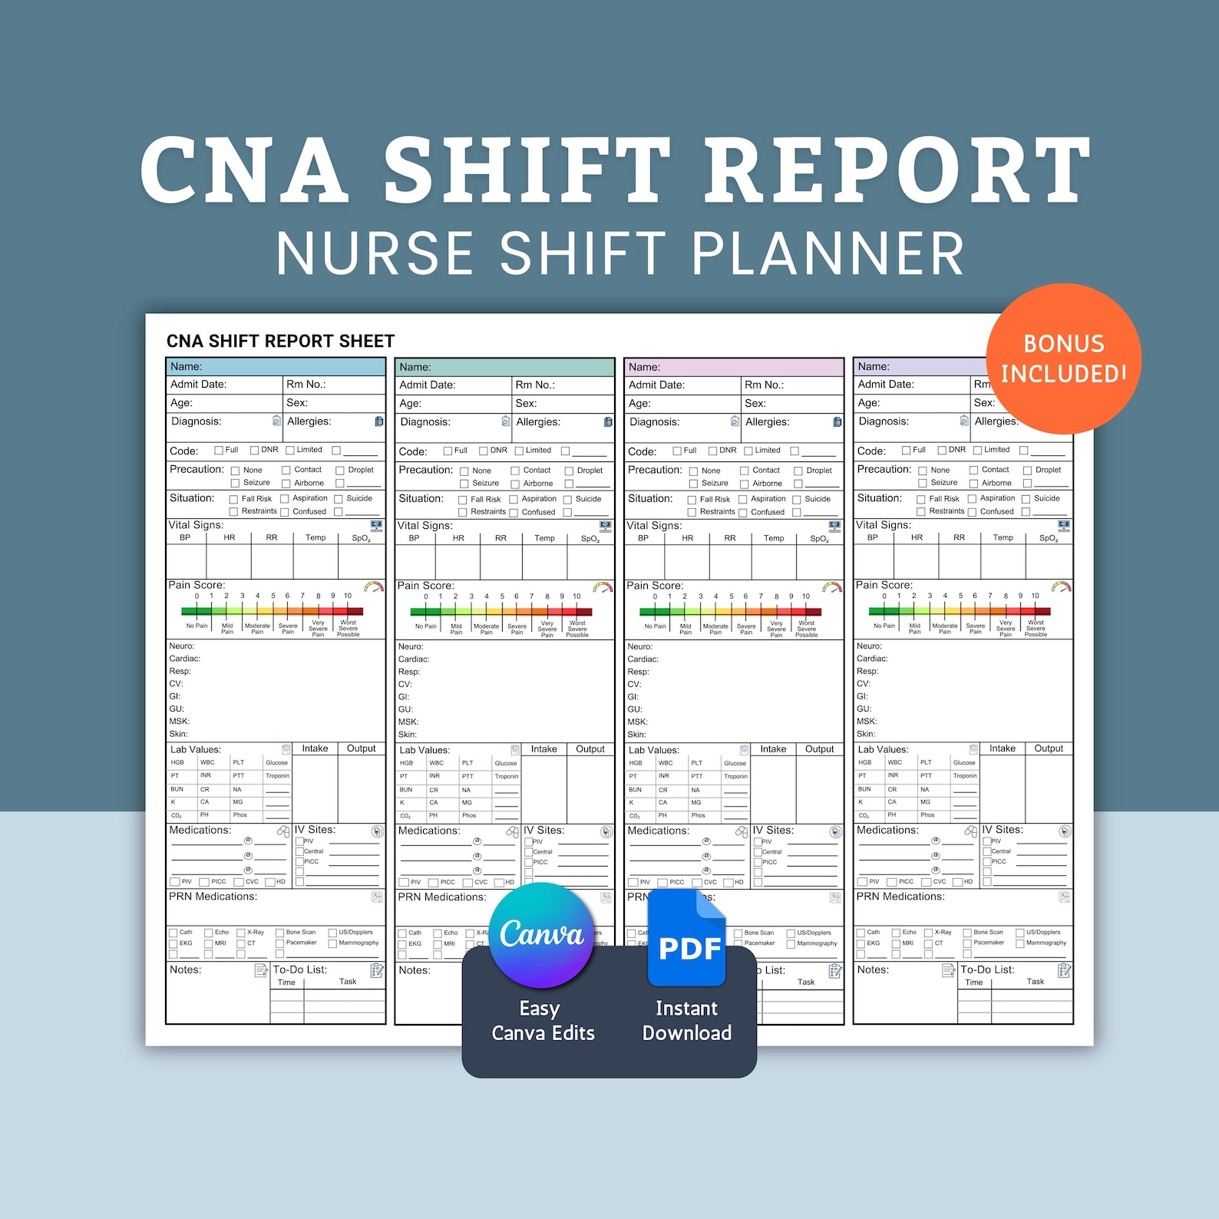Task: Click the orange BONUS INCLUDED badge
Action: pos(1063,358)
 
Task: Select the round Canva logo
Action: pos(542,934)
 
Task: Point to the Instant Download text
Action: pos(686,1021)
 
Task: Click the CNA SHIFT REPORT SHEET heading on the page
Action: pos(280,342)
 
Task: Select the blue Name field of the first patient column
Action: pos(276,367)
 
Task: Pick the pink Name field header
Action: pos(734,368)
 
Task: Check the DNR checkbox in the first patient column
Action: pos(255,451)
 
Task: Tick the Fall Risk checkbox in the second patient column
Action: pos(463,500)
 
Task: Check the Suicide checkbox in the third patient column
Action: pos(797,500)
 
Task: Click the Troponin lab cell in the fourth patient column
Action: pos(965,776)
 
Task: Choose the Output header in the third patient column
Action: pos(819,749)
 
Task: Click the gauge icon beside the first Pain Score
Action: pos(374,587)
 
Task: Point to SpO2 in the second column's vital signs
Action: pos(590,539)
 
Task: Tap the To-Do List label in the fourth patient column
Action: pos(987,970)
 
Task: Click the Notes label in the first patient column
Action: pos(186,970)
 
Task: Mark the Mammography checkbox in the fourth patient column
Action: pos(1020,943)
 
